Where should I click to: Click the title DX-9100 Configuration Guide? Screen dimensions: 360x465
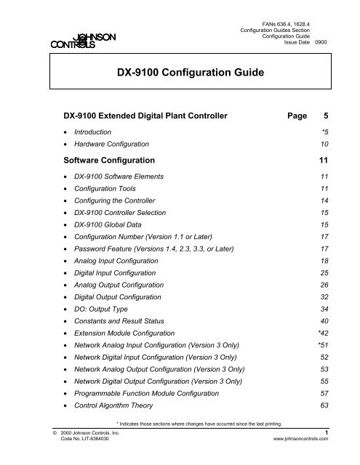(x=180, y=74)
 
